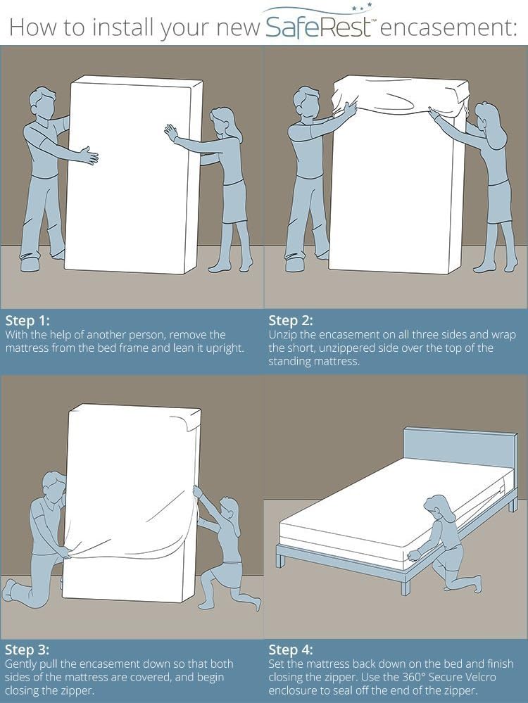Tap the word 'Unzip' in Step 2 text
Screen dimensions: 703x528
tap(284, 335)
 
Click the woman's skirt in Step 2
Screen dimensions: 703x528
tap(498, 201)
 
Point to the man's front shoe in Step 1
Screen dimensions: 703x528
tap(32, 264)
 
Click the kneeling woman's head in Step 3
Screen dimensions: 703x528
tap(229, 509)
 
